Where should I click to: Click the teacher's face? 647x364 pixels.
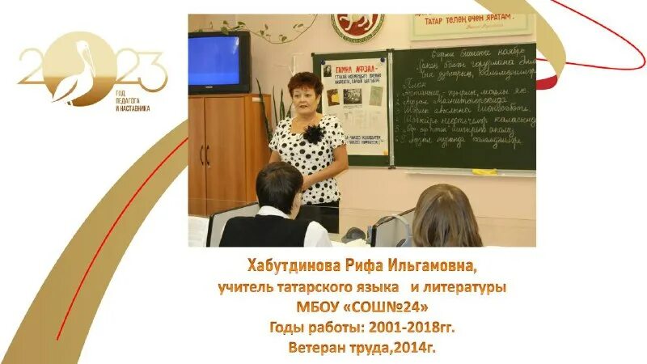307,91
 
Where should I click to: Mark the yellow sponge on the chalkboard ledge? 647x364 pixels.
484,171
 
